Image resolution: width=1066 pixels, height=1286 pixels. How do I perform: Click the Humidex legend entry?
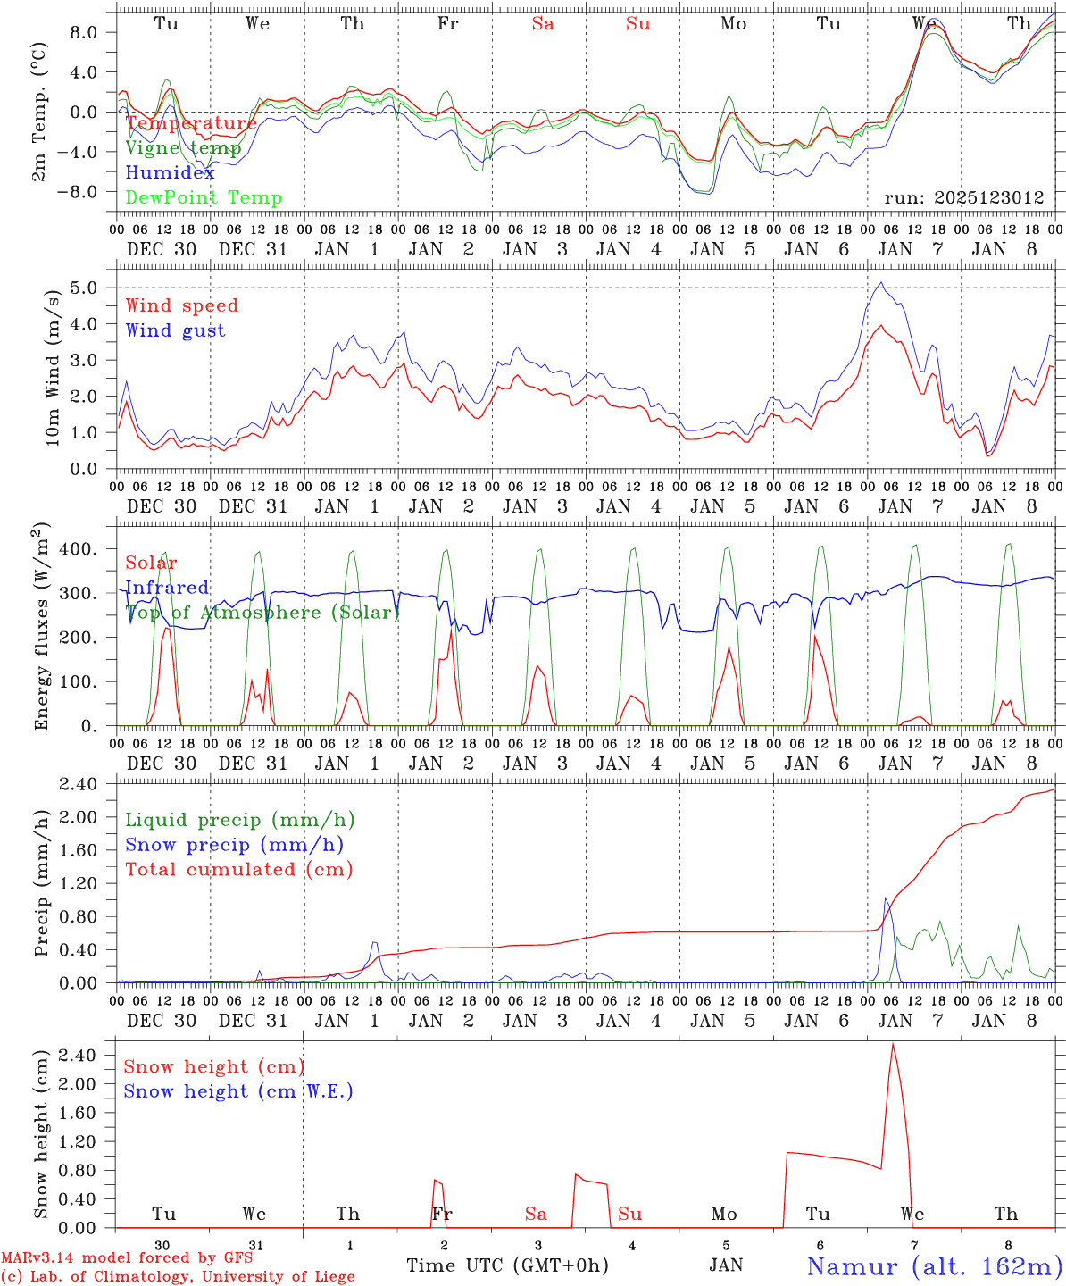(170, 173)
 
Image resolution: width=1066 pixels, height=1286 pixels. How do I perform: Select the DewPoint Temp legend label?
(204, 198)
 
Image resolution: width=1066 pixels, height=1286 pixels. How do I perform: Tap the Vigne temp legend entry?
(183, 148)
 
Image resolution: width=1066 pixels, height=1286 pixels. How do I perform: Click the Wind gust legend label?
(175, 330)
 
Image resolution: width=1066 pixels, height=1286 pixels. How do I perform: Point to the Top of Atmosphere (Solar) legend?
(262, 613)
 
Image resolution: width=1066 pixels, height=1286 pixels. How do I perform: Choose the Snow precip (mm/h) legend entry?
(234, 845)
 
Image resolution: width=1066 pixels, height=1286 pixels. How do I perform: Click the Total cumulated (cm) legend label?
(238, 870)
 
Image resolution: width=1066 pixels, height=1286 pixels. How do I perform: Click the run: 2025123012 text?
(964, 198)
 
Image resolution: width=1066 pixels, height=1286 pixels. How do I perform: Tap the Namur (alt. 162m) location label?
(934, 1266)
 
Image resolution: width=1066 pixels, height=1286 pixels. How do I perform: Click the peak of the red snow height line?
(893, 1044)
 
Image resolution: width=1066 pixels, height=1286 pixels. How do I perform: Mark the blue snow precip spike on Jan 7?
(886, 898)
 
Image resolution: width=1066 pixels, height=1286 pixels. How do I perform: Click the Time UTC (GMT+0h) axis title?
(507, 1265)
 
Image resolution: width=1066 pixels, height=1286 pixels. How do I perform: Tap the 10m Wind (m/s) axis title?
(53, 366)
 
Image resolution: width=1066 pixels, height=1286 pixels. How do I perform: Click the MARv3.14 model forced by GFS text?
(126, 1258)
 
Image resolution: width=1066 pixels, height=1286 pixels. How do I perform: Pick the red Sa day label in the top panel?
(543, 24)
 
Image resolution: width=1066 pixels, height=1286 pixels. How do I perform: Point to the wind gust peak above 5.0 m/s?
(881, 283)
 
